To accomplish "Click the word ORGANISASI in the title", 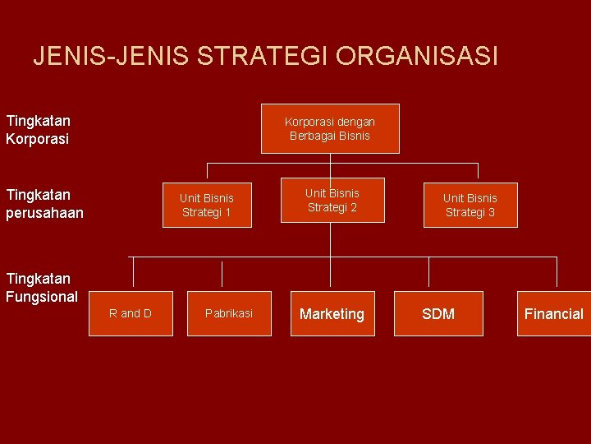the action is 416,56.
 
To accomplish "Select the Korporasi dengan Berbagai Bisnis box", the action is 330,128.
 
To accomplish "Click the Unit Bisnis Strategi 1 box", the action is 207,205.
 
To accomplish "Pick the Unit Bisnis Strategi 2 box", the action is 332,200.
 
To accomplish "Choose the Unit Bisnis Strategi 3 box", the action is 470,205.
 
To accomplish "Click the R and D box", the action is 131,313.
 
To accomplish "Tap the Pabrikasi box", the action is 229,313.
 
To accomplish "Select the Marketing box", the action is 332,313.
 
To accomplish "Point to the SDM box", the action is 438,313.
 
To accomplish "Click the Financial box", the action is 553,313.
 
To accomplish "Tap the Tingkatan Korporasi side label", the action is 38,130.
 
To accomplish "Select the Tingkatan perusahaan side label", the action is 44,204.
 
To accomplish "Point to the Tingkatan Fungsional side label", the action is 41,288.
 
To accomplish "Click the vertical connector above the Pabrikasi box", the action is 222,274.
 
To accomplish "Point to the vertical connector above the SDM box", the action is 428,274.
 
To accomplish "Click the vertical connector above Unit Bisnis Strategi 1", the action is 207,173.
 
